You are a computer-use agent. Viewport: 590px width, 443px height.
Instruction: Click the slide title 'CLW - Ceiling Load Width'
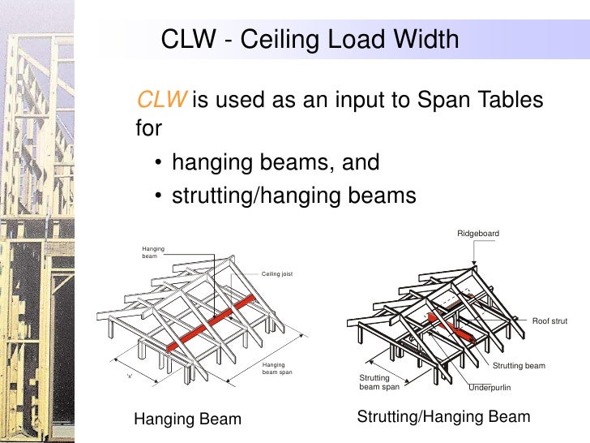pyautogui.click(x=310, y=39)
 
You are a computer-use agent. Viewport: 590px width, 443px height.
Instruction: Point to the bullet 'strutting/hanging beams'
pyautogui.click(x=293, y=196)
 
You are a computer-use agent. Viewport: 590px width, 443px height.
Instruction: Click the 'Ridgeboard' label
pyautogui.click(x=478, y=234)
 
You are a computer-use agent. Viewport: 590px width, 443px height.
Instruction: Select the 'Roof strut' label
pyautogui.click(x=549, y=321)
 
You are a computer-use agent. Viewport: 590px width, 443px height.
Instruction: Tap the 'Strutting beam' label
pyautogui.click(x=519, y=366)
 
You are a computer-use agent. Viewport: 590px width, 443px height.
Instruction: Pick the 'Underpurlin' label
pyautogui.click(x=490, y=388)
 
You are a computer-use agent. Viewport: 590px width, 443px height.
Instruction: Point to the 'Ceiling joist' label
pyautogui.click(x=277, y=274)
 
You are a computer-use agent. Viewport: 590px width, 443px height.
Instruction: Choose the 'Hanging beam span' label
pyautogui.click(x=278, y=369)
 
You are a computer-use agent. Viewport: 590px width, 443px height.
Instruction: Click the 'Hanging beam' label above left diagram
pyautogui.click(x=153, y=252)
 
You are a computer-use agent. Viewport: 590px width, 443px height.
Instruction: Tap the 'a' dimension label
pyautogui.click(x=129, y=376)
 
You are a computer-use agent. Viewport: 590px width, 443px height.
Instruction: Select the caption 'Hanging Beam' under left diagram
pyautogui.click(x=187, y=419)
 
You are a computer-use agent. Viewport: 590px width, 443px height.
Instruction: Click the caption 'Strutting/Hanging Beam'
pyautogui.click(x=443, y=417)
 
